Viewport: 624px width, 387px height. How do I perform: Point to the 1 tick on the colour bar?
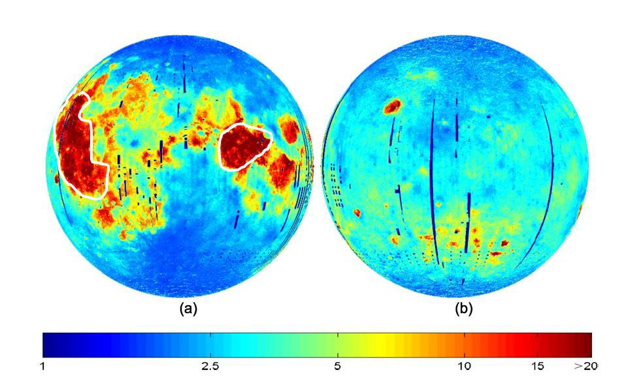tap(43, 367)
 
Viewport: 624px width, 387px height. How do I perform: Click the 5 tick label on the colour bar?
tap(337, 367)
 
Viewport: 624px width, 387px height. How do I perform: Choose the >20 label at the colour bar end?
tap(582, 367)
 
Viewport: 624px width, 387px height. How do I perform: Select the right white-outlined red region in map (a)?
tap(243, 146)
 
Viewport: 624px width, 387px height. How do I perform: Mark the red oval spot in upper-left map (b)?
tap(393, 106)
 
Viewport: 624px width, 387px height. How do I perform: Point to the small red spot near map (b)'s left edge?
tap(357, 212)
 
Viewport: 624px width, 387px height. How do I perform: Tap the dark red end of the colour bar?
tap(585, 343)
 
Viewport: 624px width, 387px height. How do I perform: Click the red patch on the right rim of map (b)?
tap(580, 210)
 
